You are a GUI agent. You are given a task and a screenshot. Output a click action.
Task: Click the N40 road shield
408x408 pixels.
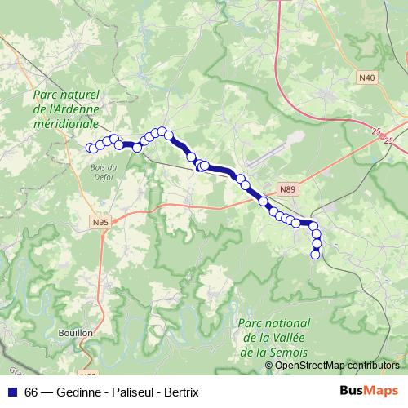click(x=367, y=78)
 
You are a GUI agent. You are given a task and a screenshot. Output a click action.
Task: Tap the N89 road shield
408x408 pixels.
click(x=286, y=189)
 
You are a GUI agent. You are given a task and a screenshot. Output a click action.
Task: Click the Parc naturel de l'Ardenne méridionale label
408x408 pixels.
click(x=65, y=107)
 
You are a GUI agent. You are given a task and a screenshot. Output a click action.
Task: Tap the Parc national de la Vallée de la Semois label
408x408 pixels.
click(x=270, y=338)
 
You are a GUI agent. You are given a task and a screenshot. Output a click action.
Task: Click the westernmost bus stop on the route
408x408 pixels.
click(x=91, y=148)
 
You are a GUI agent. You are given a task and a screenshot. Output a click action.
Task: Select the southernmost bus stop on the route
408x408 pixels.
click(x=316, y=255)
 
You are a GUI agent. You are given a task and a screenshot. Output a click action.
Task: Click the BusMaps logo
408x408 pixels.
click(x=369, y=392)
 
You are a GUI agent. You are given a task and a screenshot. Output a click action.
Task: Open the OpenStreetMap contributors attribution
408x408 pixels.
click(x=337, y=366)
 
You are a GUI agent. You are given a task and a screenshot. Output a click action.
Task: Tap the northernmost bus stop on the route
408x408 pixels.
click(x=162, y=131)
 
